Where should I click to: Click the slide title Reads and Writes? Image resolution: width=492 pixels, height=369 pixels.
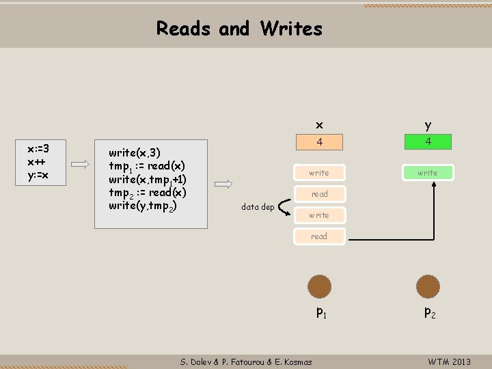pos(239,29)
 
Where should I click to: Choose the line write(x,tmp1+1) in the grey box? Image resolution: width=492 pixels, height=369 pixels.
pos(148,179)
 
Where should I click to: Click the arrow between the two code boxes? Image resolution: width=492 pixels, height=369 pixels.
pos(80,164)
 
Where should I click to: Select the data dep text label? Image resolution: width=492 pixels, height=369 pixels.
pos(258,207)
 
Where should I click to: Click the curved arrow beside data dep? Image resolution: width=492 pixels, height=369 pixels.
pos(285,203)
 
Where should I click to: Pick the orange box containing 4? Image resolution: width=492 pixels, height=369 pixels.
pos(319,142)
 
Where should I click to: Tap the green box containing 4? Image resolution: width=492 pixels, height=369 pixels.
pos(428,142)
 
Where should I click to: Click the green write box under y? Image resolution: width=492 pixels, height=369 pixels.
pos(428,173)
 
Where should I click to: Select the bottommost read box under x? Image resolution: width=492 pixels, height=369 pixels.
pos(319,236)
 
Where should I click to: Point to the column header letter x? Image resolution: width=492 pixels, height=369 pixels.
pos(319,125)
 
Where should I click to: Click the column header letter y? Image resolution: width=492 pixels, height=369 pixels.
pos(428,125)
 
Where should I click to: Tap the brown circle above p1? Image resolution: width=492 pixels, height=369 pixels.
pos(319,286)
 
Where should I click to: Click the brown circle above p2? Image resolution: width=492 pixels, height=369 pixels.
pos(428,286)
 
